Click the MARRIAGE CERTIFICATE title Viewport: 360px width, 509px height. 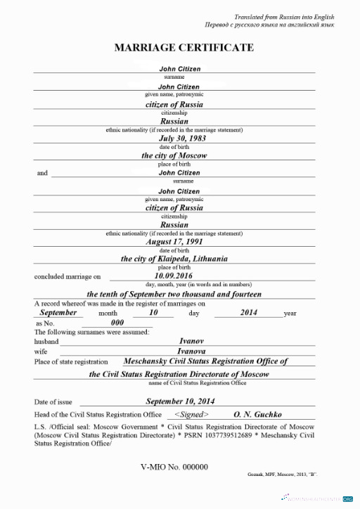pos(184,48)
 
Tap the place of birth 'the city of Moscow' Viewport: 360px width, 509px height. pos(174,155)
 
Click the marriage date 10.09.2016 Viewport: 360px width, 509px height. pos(173,276)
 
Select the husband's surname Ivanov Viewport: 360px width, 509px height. pos(191,341)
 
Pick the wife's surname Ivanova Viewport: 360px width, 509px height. pos(191,351)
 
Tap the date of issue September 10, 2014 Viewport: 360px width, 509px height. pos(180,401)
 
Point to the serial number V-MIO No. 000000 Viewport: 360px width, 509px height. pos(174,466)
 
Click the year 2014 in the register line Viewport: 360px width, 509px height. pos(249,312)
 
